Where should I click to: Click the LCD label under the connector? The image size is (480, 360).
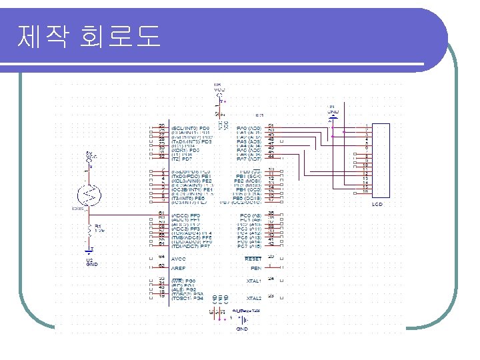tap(377, 204)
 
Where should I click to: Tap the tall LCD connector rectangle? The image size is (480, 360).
tap(382, 160)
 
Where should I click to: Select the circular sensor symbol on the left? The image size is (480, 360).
tap(89, 194)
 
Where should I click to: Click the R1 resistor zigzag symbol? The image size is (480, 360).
tap(89, 230)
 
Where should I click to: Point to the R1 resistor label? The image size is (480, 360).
tap(98, 227)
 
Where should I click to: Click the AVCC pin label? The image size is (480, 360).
tap(180, 257)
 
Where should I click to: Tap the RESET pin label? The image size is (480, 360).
tap(253, 258)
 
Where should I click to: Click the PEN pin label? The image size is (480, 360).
tap(256, 267)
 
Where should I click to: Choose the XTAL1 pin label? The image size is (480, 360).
tap(254, 281)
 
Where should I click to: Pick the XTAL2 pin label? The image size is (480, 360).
tap(254, 298)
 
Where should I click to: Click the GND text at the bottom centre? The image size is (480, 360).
tap(242, 329)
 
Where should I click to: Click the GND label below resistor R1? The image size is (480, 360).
tap(92, 263)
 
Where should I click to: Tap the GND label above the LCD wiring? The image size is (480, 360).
tap(333, 111)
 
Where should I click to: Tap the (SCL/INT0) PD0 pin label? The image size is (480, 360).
tap(191, 127)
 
